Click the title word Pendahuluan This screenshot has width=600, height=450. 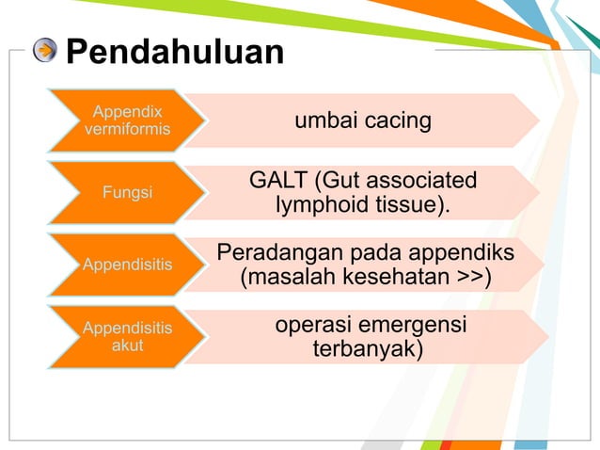coord(175,52)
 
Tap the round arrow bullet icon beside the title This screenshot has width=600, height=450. coord(44,51)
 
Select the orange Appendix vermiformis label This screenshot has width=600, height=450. coord(126,121)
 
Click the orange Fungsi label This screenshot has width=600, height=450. coord(126,193)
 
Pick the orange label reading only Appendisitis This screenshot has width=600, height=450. coord(127,265)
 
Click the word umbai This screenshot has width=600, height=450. coord(326,121)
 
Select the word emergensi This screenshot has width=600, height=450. coord(411,325)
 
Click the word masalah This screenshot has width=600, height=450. coord(282,278)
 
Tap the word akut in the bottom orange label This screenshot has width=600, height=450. coord(127,346)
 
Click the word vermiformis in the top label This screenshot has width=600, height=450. coord(127,129)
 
